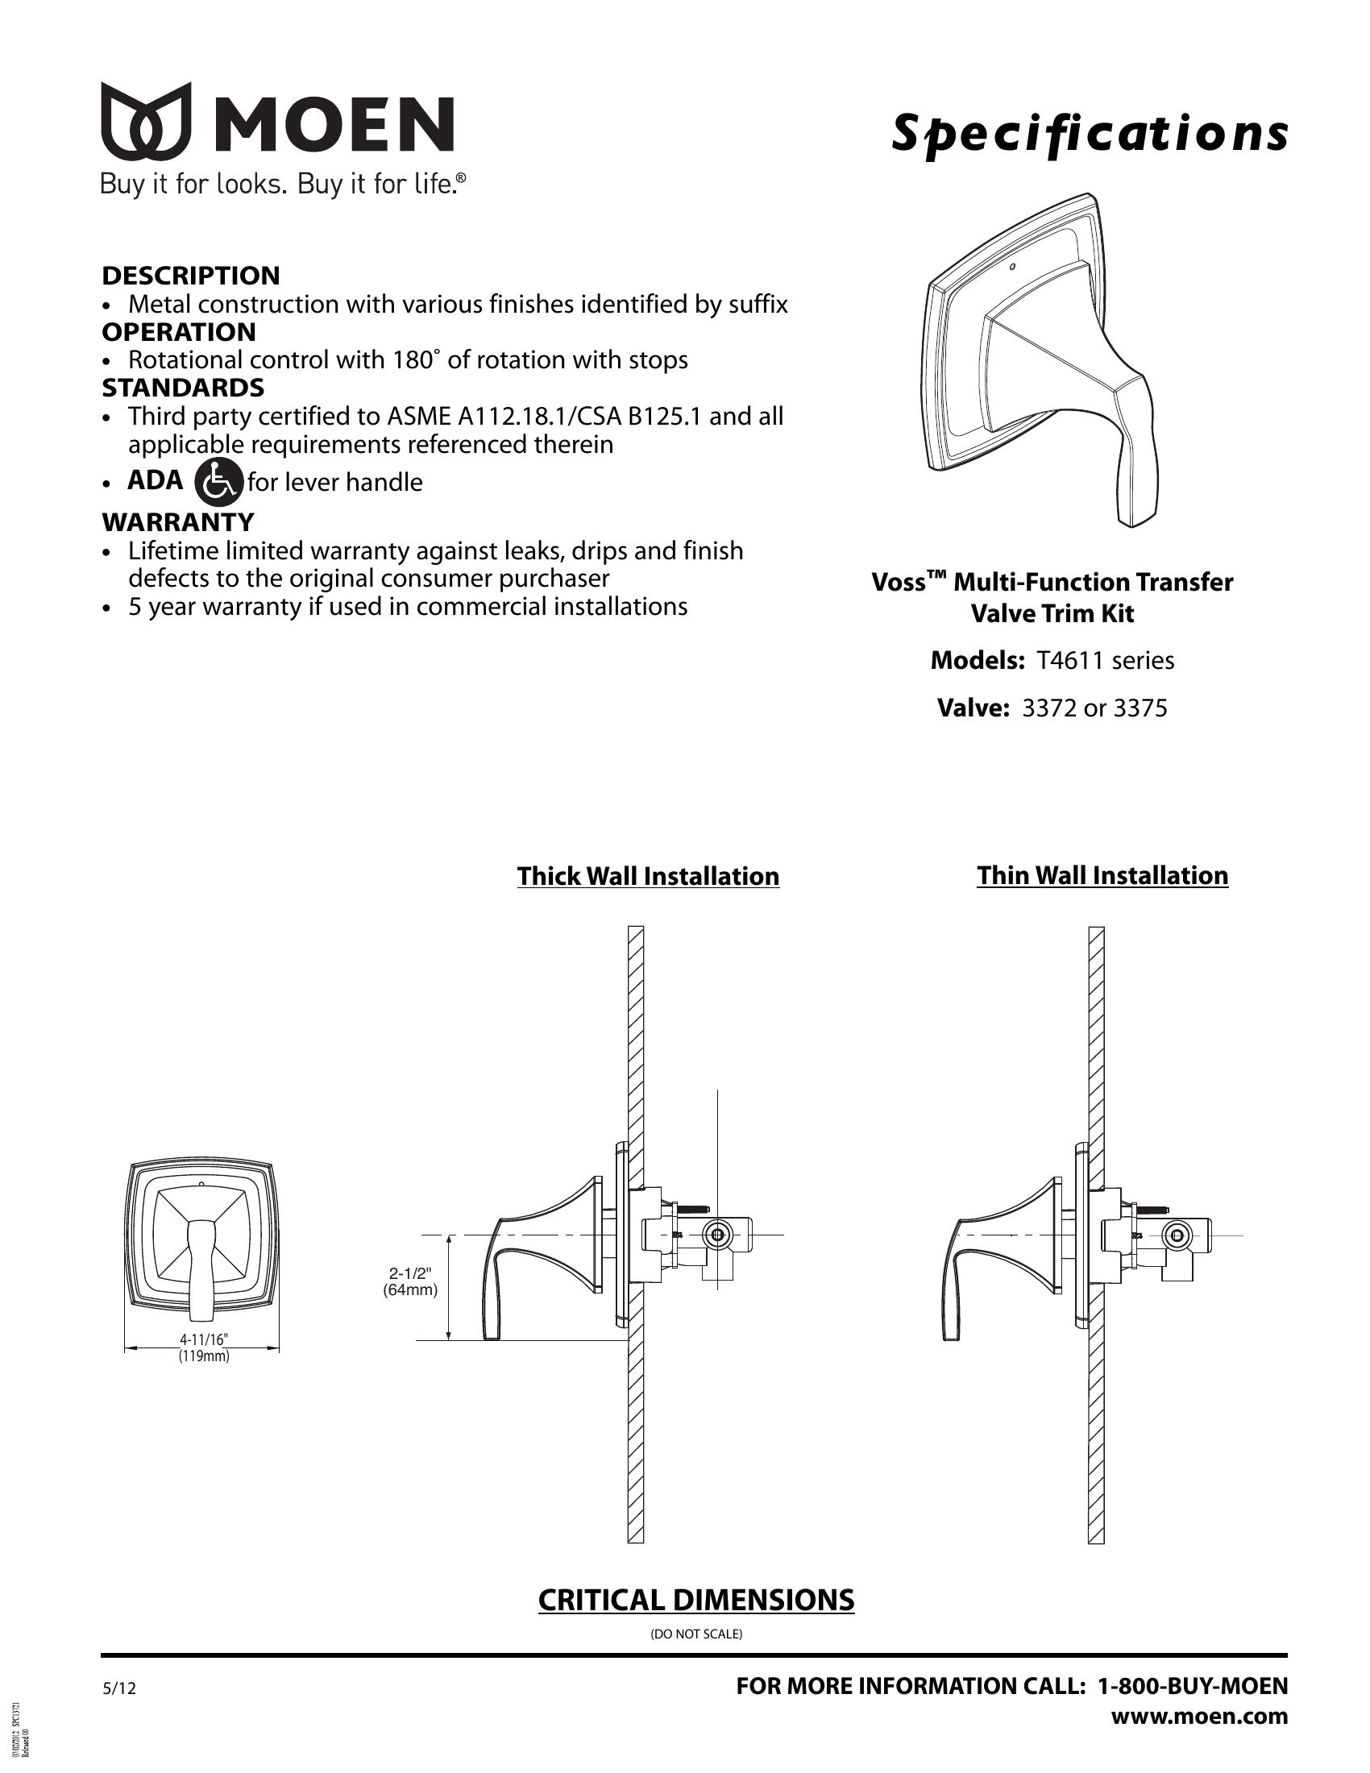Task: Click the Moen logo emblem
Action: [x=145, y=121]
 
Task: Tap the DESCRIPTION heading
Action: [x=191, y=276]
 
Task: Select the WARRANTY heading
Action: [x=178, y=522]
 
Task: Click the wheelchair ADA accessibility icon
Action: [x=219, y=481]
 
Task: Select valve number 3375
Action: [x=1140, y=708]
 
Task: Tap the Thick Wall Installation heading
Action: [x=648, y=877]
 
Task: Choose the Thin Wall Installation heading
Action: [x=1102, y=876]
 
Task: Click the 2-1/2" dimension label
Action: [x=411, y=1273]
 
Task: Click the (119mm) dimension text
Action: [x=204, y=1356]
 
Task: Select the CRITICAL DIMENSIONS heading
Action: [x=695, y=1600]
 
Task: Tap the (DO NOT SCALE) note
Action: [x=696, y=1634]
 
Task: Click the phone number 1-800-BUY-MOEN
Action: [x=1192, y=1687]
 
